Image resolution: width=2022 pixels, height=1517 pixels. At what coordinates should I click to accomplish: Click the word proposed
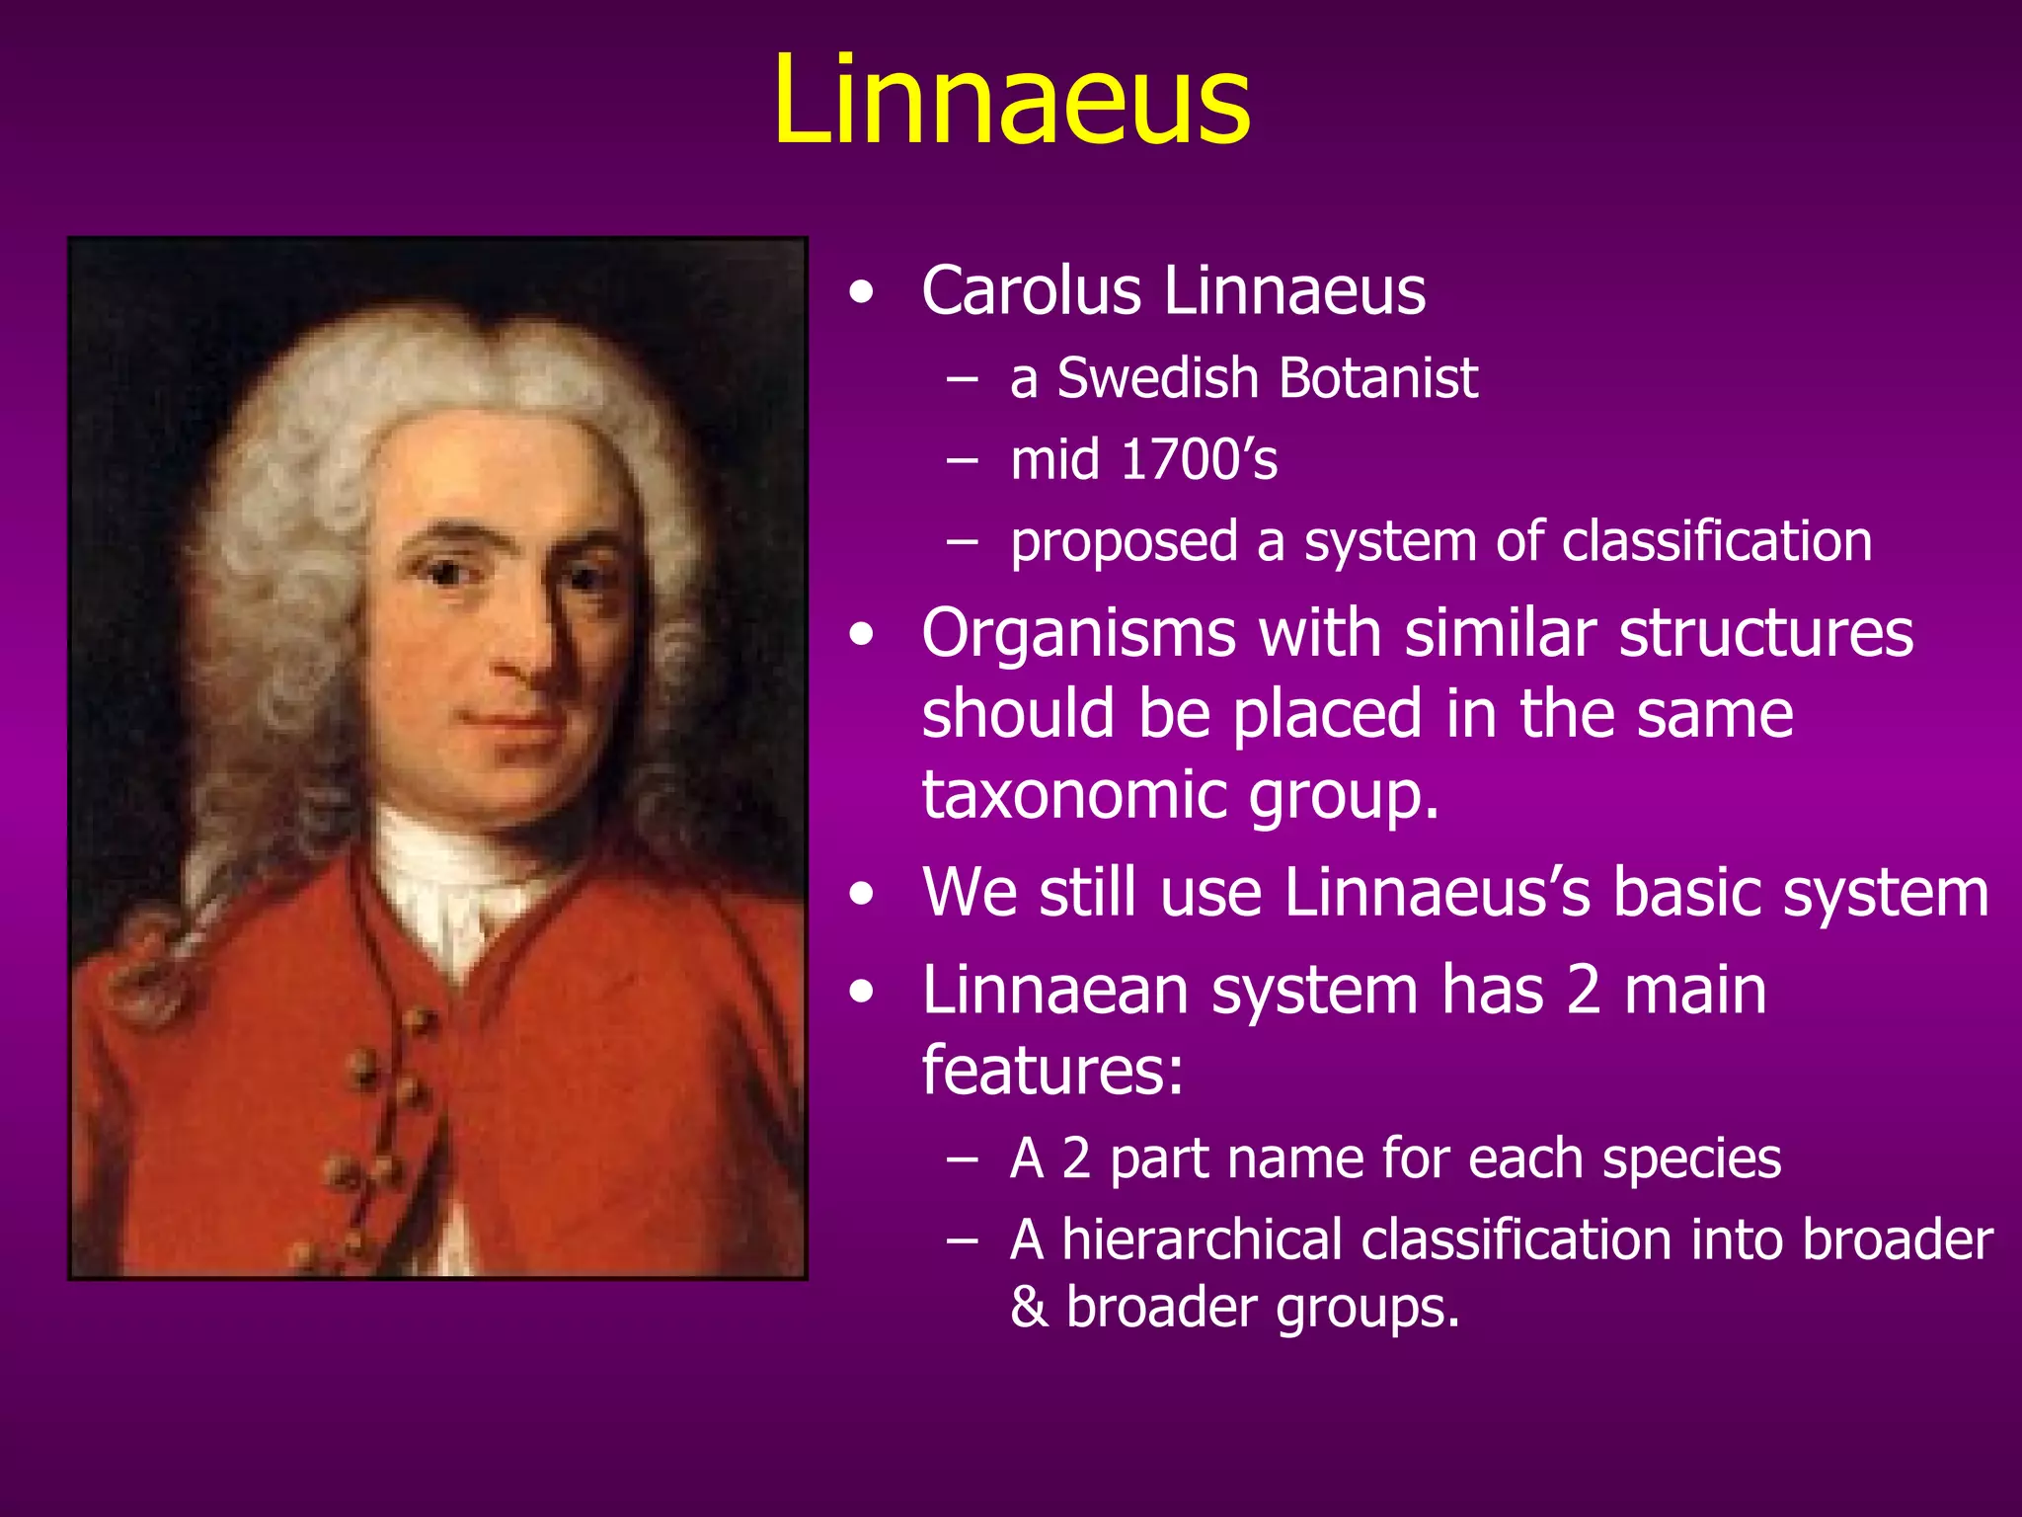[1124, 543]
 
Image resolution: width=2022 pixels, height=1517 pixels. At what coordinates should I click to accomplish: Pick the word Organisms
[1078, 634]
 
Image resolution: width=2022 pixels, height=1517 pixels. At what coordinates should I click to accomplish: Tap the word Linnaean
[1054, 991]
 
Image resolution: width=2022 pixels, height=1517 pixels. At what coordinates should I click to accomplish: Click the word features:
[1052, 1071]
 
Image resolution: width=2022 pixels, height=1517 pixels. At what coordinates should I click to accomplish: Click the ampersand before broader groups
[1029, 1308]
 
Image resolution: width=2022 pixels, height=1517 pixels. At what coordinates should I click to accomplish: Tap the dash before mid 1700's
[962, 461]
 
